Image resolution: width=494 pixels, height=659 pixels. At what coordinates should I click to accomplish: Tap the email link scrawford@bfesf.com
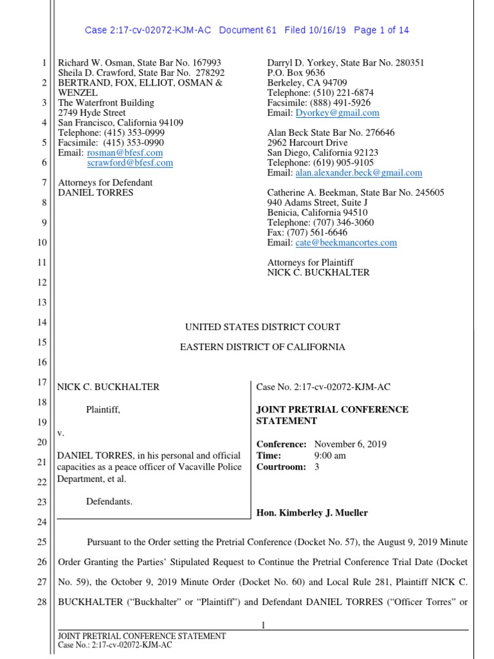tap(130, 163)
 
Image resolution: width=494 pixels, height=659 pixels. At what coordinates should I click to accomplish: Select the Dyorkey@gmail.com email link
tap(337, 113)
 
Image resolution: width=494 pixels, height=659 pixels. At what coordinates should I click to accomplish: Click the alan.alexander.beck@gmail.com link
tap(358, 172)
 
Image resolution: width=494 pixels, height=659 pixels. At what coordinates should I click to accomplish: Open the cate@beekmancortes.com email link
tap(346, 243)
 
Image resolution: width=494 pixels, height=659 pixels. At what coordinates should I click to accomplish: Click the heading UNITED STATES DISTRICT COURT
tap(262, 327)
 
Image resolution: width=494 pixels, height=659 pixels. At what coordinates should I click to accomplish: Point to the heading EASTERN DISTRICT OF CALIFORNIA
tap(262, 347)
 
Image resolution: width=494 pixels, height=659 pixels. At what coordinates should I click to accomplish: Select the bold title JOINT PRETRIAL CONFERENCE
tap(332, 410)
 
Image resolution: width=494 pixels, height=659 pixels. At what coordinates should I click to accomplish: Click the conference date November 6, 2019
tap(351, 444)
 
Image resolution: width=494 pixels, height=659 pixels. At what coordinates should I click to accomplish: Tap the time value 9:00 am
tap(330, 456)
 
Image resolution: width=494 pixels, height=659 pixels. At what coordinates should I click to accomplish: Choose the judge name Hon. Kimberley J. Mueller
tap(312, 512)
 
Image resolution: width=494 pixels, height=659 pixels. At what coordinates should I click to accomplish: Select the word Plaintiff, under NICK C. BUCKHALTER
tap(103, 409)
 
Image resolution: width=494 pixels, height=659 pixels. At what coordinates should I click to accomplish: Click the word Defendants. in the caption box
tap(109, 501)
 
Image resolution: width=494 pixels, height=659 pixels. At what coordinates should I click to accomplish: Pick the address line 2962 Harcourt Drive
tap(307, 143)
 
